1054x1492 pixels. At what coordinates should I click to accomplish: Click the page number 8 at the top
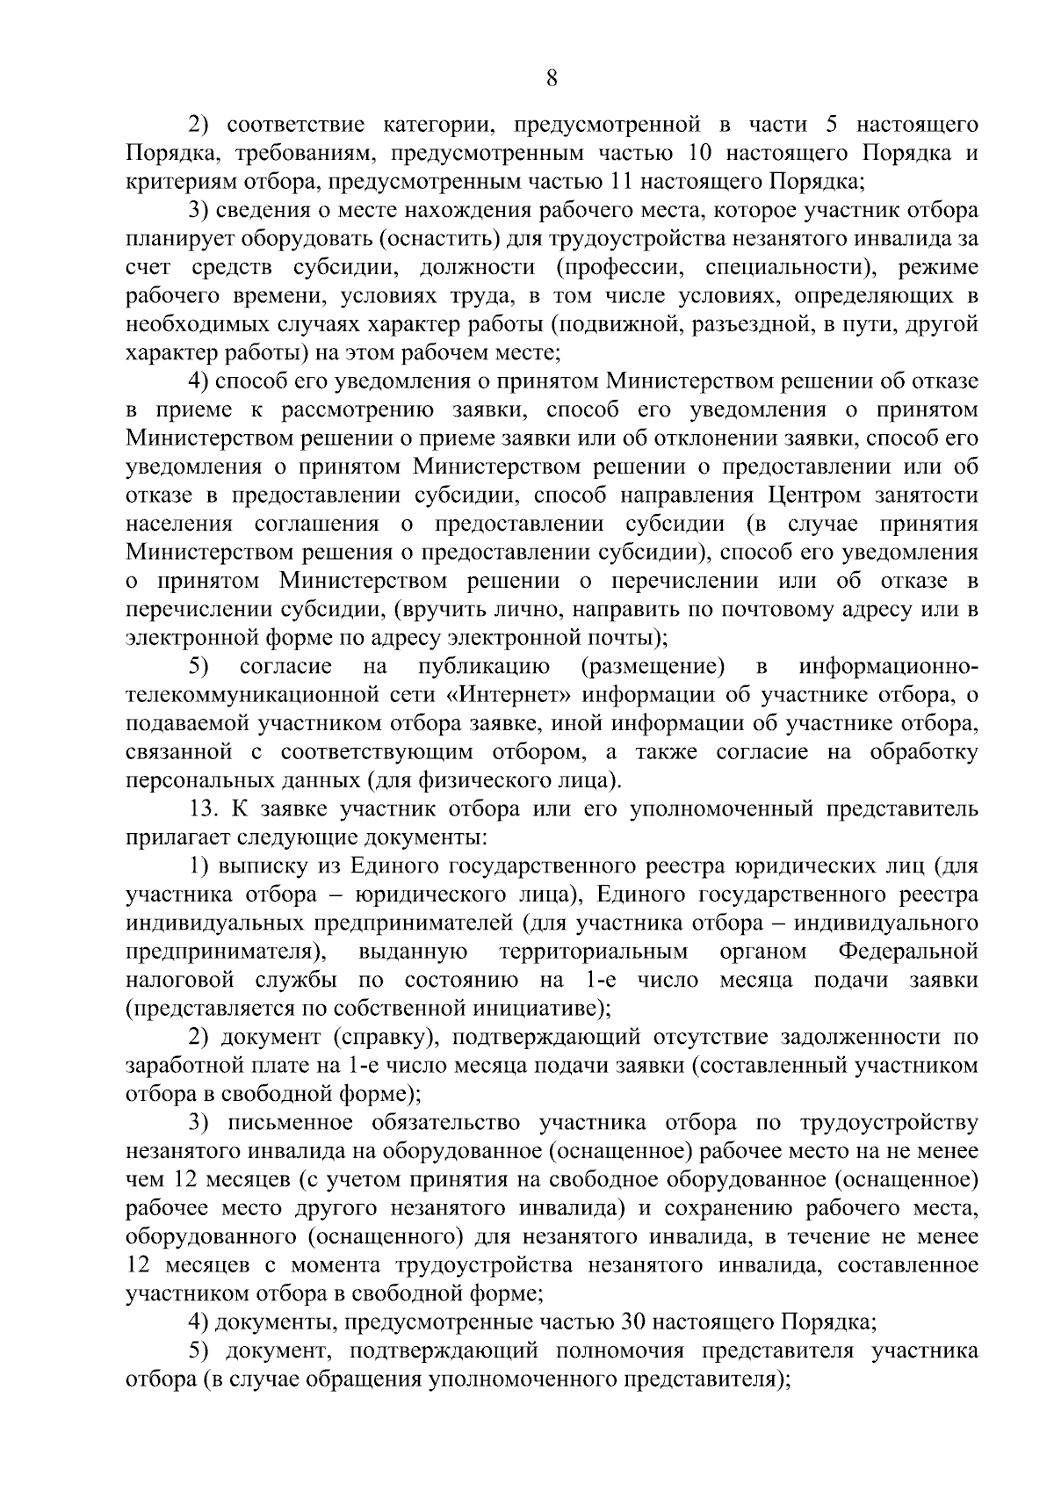click(552, 78)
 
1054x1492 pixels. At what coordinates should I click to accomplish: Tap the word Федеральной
click(908, 952)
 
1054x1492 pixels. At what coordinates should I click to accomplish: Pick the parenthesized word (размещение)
click(653, 667)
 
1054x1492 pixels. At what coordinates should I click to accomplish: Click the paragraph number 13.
click(203, 809)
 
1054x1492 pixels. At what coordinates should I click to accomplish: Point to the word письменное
click(290, 1123)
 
